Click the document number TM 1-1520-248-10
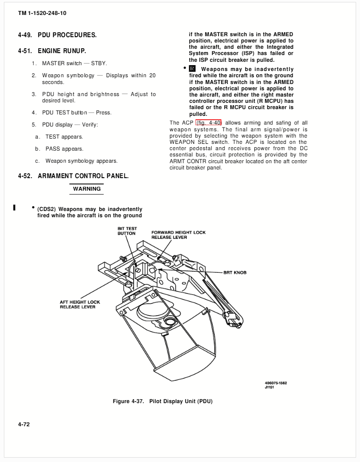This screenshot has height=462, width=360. pyautogui.click(x=42, y=13)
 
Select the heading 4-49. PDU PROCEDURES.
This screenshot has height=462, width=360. pyautogui.click(x=57, y=35)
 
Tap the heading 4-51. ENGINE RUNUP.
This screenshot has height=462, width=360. pyautogui.click(x=52, y=51)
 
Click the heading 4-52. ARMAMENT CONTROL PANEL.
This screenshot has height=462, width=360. pyautogui.click(x=73, y=176)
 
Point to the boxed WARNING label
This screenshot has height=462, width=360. pyautogui.click(x=86, y=189)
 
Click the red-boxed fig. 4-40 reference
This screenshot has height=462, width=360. pyautogui.click(x=208, y=123)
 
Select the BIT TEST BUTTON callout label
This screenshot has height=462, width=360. pyautogui.click(x=127, y=231)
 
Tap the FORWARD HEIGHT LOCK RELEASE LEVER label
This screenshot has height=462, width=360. pyautogui.click(x=179, y=235)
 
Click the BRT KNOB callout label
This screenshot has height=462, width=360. pyautogui.click(x=235, y=273)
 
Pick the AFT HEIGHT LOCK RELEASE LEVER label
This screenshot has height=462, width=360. pyautogui.click(x=80, y=304)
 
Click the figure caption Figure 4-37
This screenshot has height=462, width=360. pyautogui.click(x=163, y=401)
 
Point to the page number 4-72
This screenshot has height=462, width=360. pyautogui.click(x=24, y=424)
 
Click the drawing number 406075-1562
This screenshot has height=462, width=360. pyautogui.click(x=276, y=383)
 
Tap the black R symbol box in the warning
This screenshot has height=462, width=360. pyautogui.click(x=193, y=69)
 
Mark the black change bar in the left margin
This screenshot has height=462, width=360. pyautogui.click(x=14, y=208)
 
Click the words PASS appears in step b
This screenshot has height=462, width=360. pyautogui.click(x=65, y=149)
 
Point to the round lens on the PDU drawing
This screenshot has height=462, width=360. pyautogui.click(x=169, y=321)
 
